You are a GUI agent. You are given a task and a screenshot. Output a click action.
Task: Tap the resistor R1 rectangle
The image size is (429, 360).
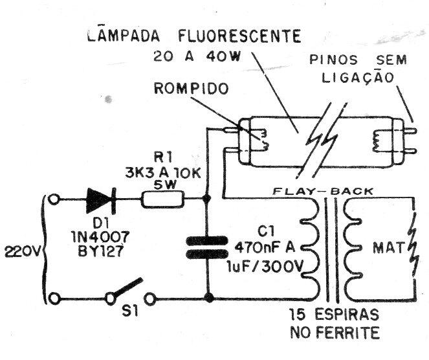pos(163,199)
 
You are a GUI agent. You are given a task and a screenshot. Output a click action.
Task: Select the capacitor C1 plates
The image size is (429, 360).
pos(207,247)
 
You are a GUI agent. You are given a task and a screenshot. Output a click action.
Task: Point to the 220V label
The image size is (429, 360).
pos(22,251)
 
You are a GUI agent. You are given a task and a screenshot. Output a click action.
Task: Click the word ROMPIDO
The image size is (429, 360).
pos(191,88)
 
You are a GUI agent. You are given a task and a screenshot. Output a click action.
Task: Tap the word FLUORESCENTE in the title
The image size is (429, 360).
pos(239,36)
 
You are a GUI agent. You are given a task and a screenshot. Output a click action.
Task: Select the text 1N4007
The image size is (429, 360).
pos(100,236)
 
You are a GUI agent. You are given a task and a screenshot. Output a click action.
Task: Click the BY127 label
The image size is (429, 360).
pos(100,251)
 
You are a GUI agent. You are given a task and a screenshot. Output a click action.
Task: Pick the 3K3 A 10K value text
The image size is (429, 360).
pos(163,173)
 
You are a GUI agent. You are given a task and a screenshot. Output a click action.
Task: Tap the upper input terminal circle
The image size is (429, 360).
pos(54,199)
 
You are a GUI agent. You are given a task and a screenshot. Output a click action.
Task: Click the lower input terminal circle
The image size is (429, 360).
pos(54,298)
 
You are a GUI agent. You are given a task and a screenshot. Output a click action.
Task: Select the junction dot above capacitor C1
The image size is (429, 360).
pos(207,198)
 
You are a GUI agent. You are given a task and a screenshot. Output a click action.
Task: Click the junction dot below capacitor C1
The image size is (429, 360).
pos(209,298)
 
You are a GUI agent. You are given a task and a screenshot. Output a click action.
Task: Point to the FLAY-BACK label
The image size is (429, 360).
pos(323,191)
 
